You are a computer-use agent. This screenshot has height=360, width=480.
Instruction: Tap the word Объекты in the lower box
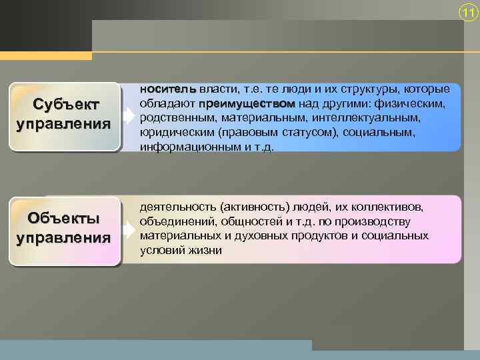pyautogui.click(x=64, y=219)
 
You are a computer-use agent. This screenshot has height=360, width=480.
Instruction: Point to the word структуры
pyautogui.click(x=380, y=89)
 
